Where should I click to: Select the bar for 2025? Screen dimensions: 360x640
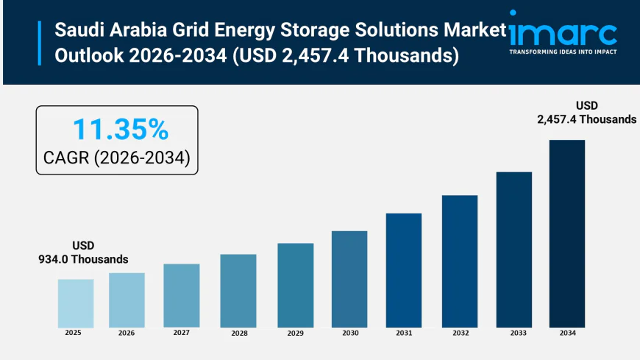coord(76,303)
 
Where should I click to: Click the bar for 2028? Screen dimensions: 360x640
coord(238,290)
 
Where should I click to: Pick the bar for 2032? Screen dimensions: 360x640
coord(460,261)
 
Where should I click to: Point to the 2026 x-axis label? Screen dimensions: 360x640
coord(127,333)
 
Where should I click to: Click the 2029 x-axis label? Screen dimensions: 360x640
coord(295,333)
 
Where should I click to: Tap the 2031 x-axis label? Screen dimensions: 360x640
coord(404,333)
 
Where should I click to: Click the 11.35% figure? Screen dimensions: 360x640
coord(120,130)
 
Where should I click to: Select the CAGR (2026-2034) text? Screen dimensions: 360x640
coord(118,158)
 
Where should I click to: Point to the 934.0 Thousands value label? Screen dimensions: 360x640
coord(83,259)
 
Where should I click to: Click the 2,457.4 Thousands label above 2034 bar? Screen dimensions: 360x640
coord(586,119)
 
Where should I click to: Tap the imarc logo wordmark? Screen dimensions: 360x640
coord(563,32)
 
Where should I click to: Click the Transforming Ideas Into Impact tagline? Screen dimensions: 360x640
coord(563,52)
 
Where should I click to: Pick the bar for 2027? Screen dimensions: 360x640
coord(182,295)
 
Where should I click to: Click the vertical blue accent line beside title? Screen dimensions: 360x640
coord(40,43)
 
